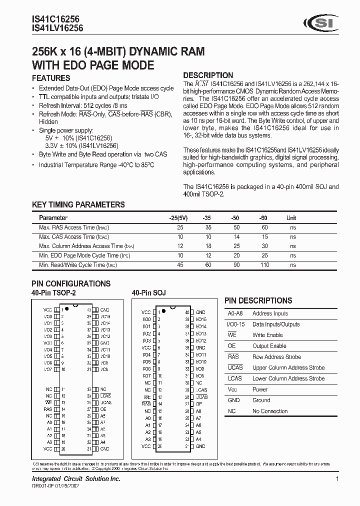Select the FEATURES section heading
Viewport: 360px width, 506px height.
click(x=51, y=78)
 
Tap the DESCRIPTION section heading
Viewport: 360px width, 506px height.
click(x=208, y=75)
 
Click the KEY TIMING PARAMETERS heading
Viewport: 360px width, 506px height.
click(x=78, y=204)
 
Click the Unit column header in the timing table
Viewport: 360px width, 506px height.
click(x=291, y=218)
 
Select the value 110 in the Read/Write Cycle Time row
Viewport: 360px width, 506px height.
click(x=264, y=265)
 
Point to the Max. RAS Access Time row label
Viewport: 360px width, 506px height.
click(x=74, y=227)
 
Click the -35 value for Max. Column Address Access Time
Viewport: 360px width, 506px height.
click(x=208, y=246)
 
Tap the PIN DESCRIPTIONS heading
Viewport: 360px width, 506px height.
click(x=258, y=300)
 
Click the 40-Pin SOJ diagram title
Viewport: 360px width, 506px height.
click(x=148, y=293)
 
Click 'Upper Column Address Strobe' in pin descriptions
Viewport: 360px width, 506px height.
click(x=288, y=367)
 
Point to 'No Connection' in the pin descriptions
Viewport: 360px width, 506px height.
click(x=270, y=411)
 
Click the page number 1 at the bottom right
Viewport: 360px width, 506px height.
click(x=337, y=479)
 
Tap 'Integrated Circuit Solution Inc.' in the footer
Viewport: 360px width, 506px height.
click(x=76, y=479)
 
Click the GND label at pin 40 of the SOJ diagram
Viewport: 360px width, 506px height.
click(x=200, y=312)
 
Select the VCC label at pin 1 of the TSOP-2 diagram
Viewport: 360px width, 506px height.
click(x=47, y=310)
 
